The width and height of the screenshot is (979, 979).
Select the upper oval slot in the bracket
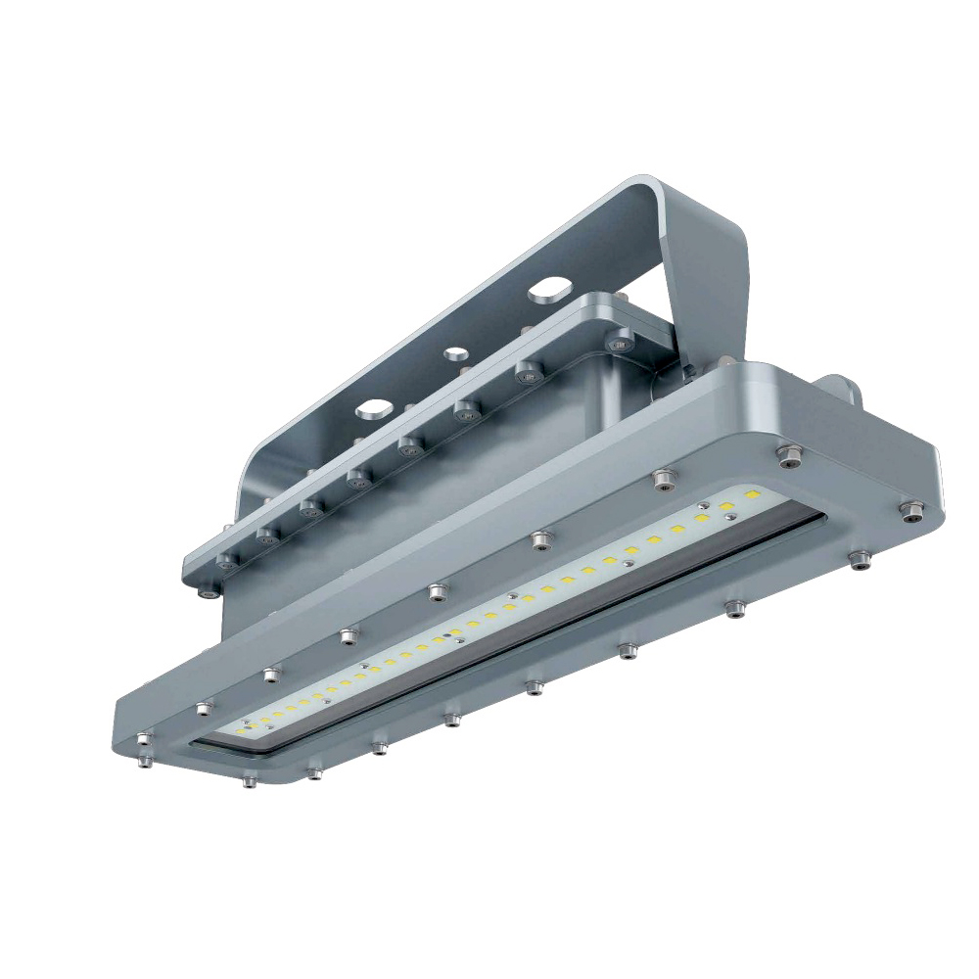548,291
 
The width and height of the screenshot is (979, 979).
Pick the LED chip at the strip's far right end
752,497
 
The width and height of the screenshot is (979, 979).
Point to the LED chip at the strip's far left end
241,730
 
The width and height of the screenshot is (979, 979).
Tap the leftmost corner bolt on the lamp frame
144,739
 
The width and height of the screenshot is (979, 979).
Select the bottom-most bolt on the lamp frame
250,780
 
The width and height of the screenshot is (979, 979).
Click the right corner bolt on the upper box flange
619,342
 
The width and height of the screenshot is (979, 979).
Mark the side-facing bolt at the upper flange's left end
207,592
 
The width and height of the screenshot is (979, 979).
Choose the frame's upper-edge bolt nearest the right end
789,454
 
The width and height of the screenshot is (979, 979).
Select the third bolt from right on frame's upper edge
541,538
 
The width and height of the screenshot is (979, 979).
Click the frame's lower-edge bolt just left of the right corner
859,559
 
